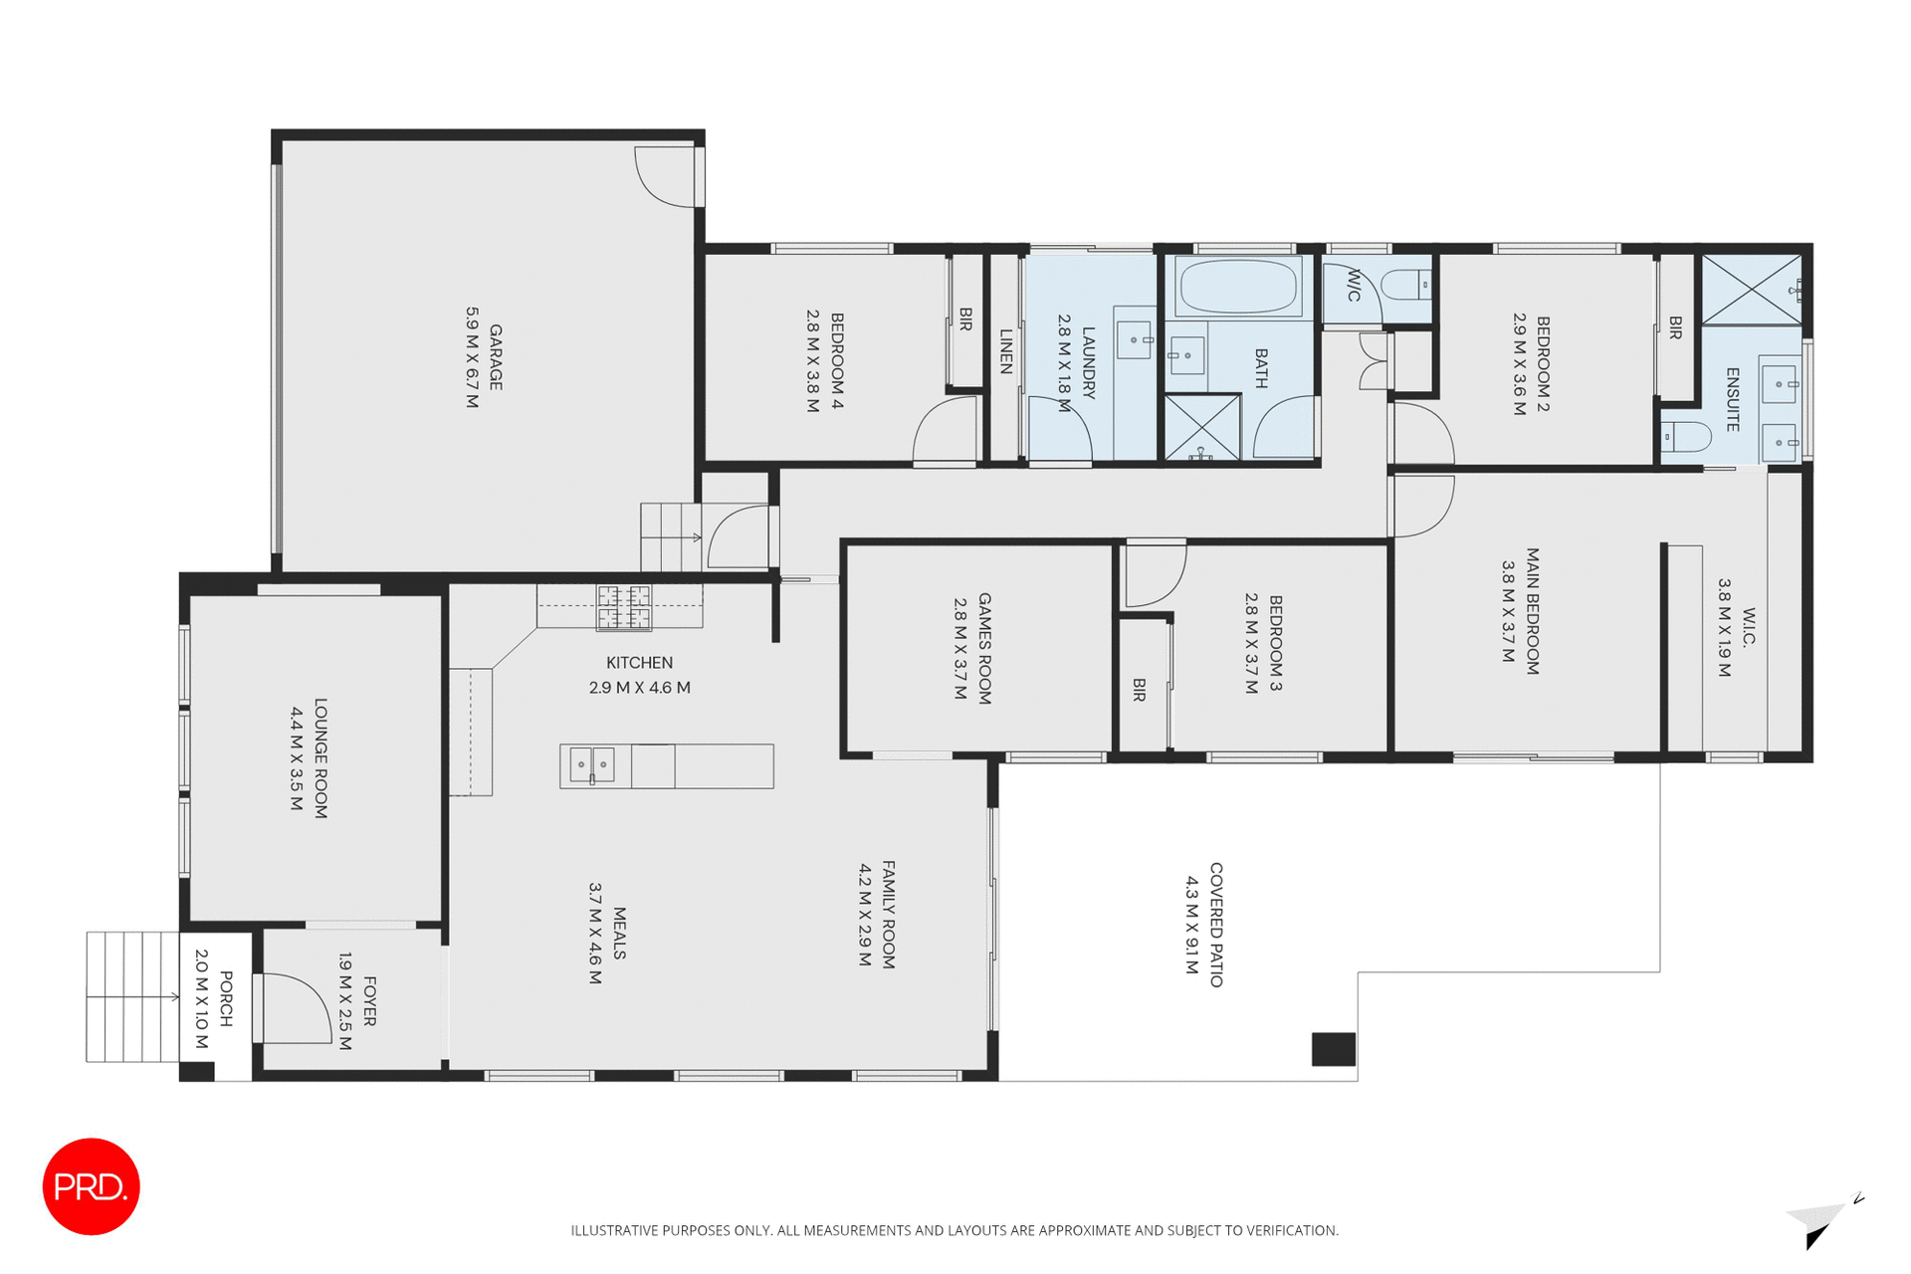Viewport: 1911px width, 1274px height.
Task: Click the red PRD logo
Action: [91, 1186]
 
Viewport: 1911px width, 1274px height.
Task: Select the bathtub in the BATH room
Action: [1238, 287]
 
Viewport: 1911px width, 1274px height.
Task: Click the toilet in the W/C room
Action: [1406, 285]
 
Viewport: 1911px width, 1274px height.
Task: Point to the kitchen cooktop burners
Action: [624, 607]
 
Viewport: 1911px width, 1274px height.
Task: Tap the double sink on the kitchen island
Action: [591, 765]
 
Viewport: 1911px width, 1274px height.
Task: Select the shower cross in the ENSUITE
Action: [1751, 290]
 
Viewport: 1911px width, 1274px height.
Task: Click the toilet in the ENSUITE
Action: [1686, 436]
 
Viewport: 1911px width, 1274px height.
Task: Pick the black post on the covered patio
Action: [1333, 1049]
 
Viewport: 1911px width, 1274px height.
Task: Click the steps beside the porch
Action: [131, 996]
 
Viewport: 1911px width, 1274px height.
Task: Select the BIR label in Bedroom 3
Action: [1140, 690]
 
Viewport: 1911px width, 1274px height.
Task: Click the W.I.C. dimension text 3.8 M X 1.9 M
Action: [1725, 627]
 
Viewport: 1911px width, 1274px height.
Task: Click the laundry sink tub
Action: [1133, 339]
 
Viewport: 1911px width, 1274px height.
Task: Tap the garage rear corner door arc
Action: [665, 177]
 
